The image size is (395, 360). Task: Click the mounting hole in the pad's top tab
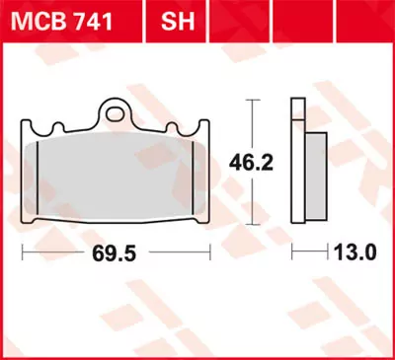coord(118,110)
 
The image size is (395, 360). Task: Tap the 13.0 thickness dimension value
coord(357,252)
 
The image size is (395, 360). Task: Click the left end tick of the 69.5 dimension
coord(23,253)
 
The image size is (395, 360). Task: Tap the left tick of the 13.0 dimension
coord(292,253)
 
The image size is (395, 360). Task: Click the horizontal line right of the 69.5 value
coord(179,253)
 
